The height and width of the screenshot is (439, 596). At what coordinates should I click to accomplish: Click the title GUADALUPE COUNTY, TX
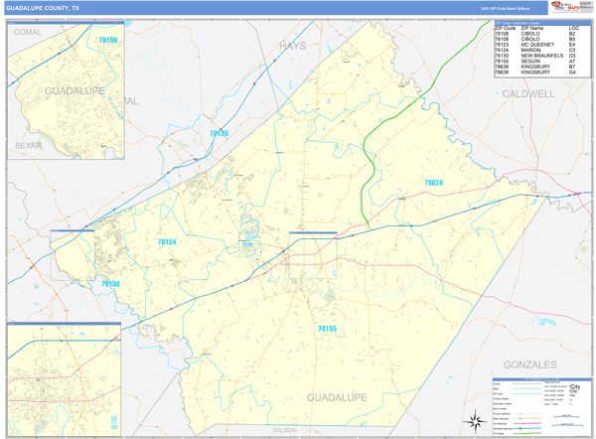tap(42, 7)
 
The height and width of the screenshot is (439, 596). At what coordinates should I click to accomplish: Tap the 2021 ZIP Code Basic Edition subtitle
tap(502, 8)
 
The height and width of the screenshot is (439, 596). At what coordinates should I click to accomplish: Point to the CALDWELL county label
tap(527, 93)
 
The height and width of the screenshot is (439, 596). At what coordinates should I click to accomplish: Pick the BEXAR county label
tap(28, 145)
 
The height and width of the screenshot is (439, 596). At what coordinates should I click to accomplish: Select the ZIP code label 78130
tap(219, 133)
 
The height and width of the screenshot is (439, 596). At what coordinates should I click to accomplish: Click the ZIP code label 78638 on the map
tap(434, 183)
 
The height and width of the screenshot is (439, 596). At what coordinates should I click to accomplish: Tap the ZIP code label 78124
tap(166, 241)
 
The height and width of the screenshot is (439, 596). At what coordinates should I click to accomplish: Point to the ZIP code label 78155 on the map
tap(327, 328)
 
